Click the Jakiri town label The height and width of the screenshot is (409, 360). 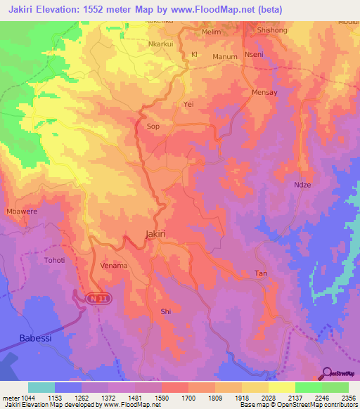[x=155, y=234]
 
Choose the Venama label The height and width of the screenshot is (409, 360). [x=113, y=266]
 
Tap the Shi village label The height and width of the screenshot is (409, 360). [x=166, y=311]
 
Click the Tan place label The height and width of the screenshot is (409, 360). [x=260, y=273]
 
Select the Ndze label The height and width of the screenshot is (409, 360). [x=302, y=185]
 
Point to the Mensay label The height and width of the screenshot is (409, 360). [x=264, y=92]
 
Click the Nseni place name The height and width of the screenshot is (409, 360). [x=253, y=55]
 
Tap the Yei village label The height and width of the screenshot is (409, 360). [x=188, y=103]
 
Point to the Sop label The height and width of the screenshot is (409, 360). [x=153, y=126]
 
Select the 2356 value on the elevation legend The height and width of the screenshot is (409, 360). [x=348, y=398]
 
